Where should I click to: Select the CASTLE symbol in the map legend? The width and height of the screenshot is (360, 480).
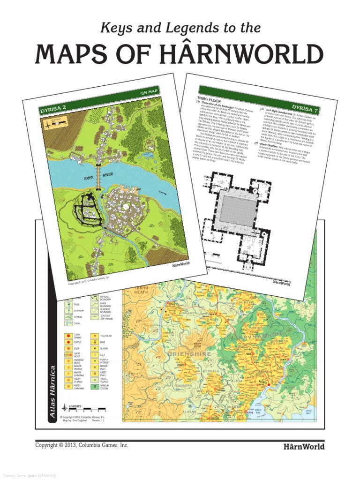click(67, 343)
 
